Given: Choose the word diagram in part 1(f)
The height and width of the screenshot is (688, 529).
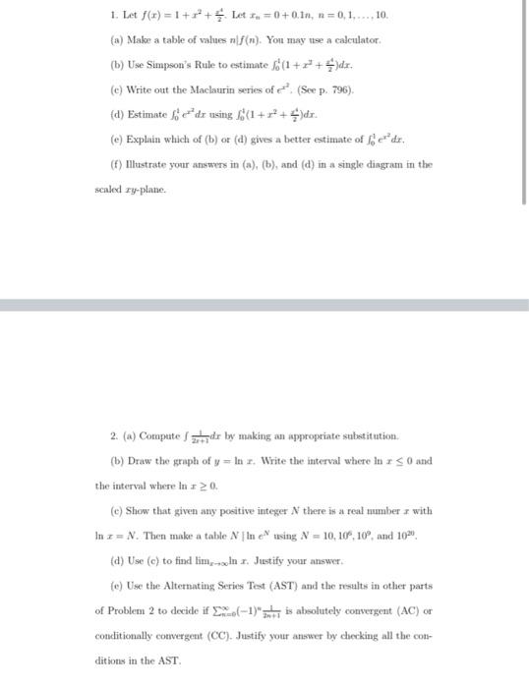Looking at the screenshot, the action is pyautogui.click(x=375, y=164).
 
